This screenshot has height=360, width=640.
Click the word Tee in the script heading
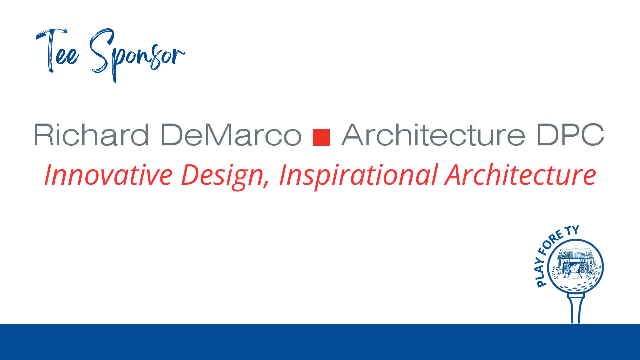coord(57,51)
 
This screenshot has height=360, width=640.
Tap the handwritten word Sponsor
coord(137,55)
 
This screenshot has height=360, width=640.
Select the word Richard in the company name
coord(91,134)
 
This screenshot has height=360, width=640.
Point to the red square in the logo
coord(322,137)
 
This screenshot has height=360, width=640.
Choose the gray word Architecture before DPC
coord(433,134)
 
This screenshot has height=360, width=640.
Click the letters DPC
coord(571,134)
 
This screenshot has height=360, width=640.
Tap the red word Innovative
coord(108,175)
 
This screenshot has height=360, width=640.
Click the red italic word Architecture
coord(521,175)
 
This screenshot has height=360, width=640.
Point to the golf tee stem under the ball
coord(576,309)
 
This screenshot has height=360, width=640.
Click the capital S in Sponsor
coord(102,50)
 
